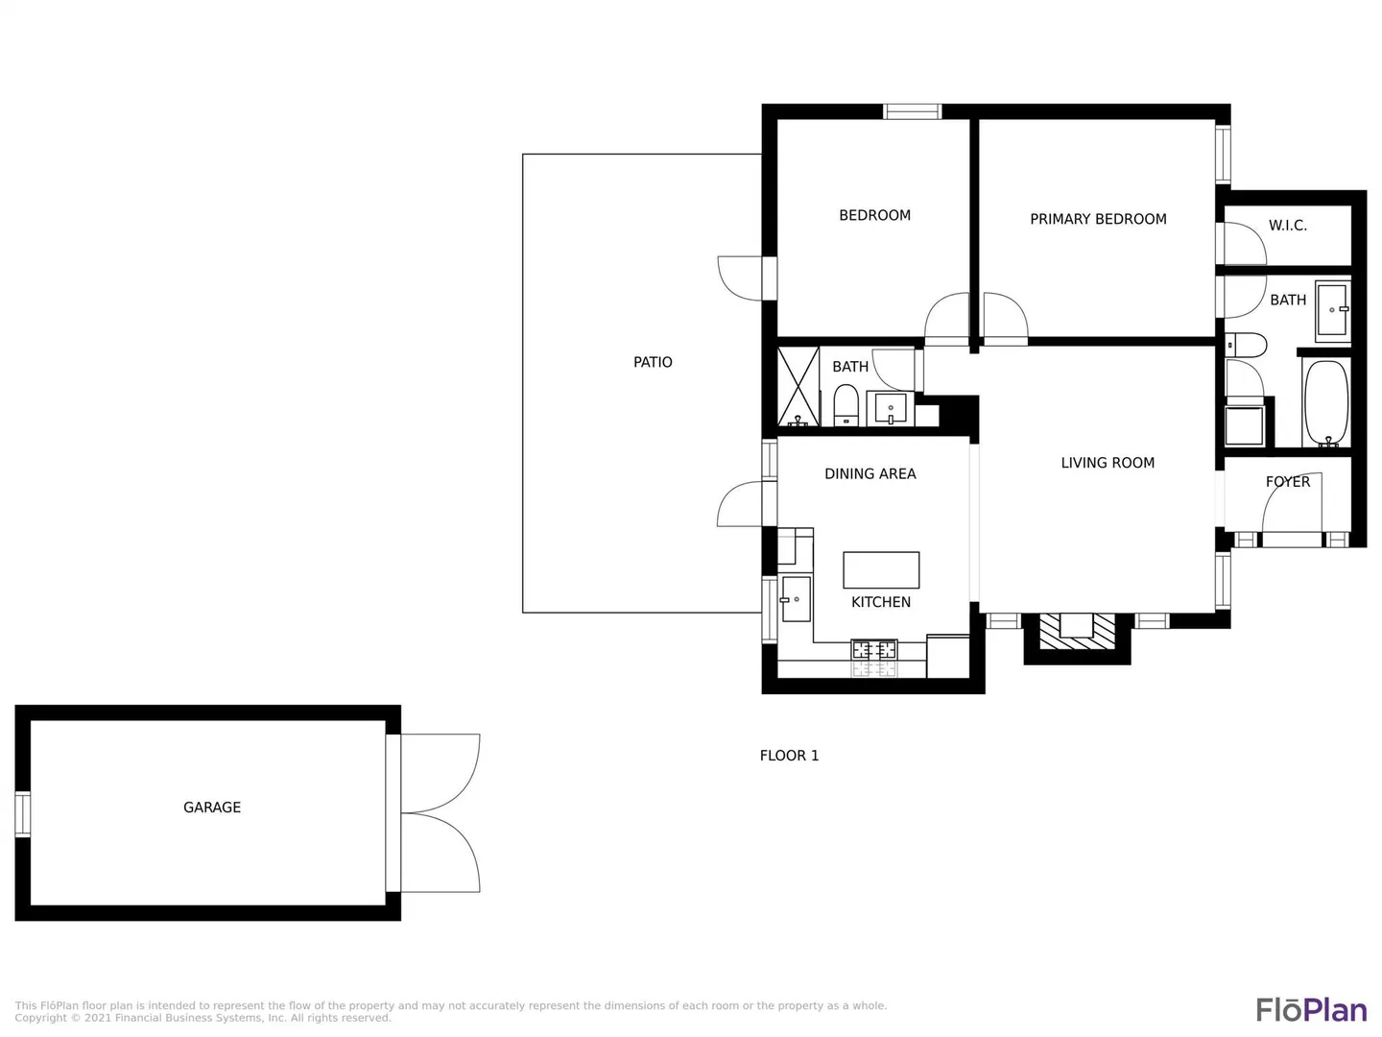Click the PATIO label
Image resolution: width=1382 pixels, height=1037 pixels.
[653, 362]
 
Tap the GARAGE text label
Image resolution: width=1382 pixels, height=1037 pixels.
[211, 808]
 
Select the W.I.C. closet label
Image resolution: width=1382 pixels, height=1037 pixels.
[1288, 226]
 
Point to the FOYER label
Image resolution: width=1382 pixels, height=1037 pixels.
[1288, 482]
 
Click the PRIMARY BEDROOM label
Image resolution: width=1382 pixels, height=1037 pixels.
[1098, 219]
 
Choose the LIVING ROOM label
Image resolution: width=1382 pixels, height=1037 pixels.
[1108, 463]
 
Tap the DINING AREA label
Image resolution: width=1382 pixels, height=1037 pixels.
[870, 473]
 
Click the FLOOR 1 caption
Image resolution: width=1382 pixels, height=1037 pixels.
[789, 756]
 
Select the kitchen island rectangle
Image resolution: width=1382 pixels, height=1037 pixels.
[881, 569]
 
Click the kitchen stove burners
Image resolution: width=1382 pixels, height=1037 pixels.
[874, 649]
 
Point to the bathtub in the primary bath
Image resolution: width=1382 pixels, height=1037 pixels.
[1327, 403]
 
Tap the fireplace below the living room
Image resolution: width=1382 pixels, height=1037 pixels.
[1077, 631]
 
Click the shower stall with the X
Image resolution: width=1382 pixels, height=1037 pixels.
[798, 387]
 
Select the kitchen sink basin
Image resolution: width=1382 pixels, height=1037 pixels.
[796, 599]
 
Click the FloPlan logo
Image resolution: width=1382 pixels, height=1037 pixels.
[1311, 1010]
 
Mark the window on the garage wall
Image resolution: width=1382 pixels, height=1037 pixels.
[23, 815]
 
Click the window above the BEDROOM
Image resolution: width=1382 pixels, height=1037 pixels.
[913, 112]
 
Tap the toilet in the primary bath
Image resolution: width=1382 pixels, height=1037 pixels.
[1246, 345]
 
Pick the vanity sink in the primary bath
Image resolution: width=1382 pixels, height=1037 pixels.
[1332, 309]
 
